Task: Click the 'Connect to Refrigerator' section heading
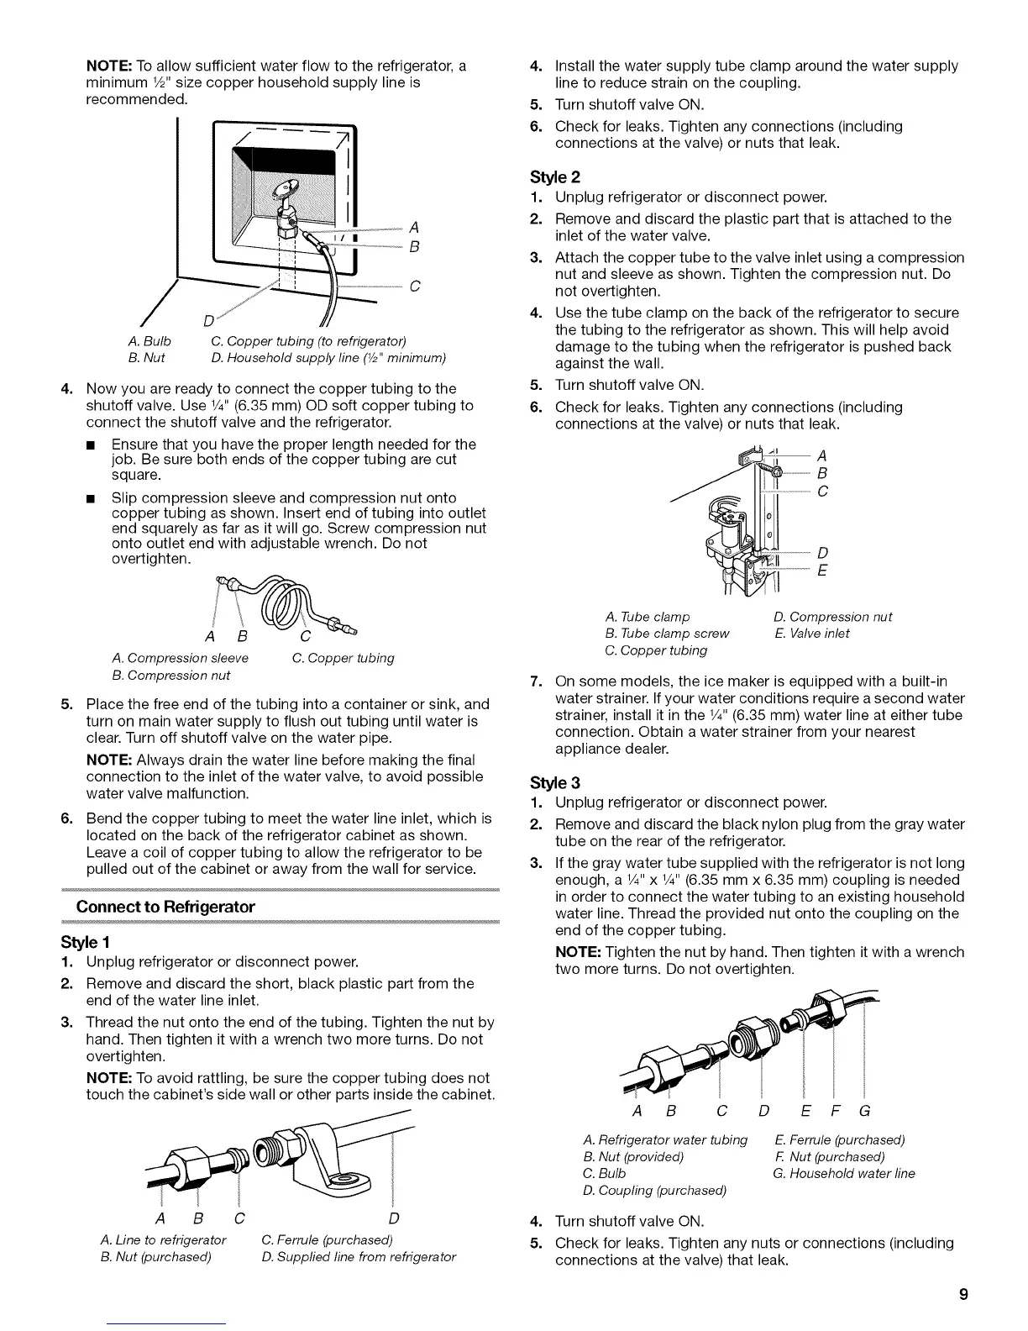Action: pyautogui.click(x=165, y=907)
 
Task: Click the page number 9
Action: pyautogui.click(x=965, y=1294)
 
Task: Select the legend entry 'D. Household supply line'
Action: pyautogui.click(x=328, y=359)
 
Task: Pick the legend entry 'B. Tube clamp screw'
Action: pyautogui.click(x=667, y=634)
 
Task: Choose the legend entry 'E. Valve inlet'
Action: pyautogui.click(x=811, y=634)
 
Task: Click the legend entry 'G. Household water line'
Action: pyautogui.click(x=843, y=1173)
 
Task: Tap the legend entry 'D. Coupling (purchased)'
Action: pyautogui.click(x=653, y=1190)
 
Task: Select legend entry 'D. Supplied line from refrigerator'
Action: pyautogui.click(x=359, y=1257)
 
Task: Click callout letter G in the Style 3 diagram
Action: pyautogui.click(x=863, y=1112)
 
